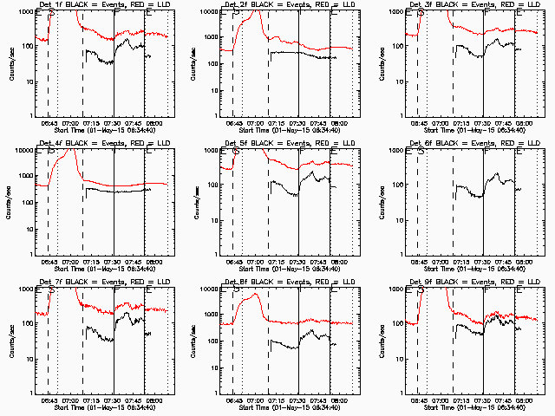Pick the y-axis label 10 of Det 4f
pyautogui.click(x=27, y=219)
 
